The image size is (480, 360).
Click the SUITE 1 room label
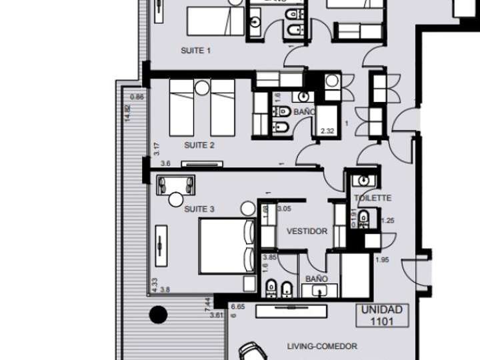196,51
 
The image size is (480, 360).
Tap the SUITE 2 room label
199,145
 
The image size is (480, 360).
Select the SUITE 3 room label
199,209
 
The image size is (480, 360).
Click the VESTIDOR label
307,231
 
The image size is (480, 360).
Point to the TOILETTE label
372,199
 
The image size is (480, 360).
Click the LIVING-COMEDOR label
322,346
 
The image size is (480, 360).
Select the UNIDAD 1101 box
381,315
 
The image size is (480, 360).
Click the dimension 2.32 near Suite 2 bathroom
327,131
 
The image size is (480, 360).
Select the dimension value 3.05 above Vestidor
284,209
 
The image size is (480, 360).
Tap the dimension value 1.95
382,259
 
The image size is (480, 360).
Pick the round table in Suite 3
176,199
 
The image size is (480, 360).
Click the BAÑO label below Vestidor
317,279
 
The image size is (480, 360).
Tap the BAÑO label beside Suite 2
303,112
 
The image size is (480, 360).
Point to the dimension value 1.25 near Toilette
387,220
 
